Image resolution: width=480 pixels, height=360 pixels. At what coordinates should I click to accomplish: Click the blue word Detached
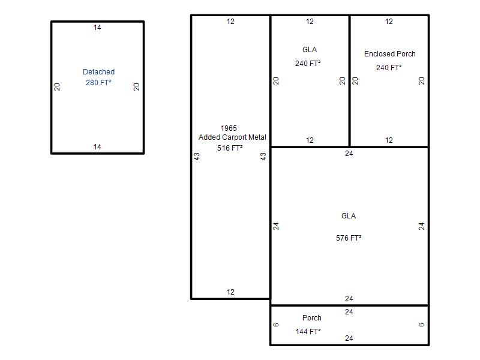click(98, 72)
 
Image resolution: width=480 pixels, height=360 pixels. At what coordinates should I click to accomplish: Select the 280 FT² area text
click(98, 83)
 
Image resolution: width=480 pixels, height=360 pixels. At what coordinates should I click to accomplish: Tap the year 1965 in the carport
click(229, 128)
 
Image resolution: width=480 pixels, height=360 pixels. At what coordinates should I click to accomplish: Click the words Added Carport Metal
click(232, 137)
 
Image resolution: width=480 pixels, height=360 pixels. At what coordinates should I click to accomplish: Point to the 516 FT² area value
click(230, 148)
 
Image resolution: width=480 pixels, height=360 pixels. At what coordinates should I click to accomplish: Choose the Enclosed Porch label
click(389, 54)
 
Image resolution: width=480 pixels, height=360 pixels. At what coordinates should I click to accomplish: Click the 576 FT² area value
click(349, 238)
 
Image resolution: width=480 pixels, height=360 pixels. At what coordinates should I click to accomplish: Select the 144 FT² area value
click(308, 332)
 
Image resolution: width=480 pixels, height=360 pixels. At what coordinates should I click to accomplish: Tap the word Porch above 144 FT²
click(312, 318)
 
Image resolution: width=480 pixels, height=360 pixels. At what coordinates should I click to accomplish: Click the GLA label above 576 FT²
click(349, 216)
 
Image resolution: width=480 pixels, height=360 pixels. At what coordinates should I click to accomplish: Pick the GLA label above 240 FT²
click(310, 50)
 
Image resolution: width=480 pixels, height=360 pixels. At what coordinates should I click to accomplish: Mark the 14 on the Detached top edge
click(97, 28)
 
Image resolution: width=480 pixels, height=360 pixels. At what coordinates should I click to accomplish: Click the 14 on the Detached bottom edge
click(97, 147)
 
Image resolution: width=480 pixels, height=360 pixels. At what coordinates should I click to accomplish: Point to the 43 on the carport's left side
click(197, 157)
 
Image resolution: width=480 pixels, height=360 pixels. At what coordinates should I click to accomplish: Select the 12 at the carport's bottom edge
click(230, 292)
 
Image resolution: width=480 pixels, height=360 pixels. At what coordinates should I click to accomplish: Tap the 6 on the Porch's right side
click(422, 325)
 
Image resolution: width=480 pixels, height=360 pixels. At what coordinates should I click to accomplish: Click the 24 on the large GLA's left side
click(276, 226)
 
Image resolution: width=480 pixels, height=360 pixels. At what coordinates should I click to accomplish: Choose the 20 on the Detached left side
click(57, 87)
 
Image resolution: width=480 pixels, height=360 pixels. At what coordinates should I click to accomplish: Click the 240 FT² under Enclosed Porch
click(389, 68)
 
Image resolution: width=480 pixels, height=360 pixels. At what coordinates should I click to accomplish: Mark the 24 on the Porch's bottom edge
click(349, 338)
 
